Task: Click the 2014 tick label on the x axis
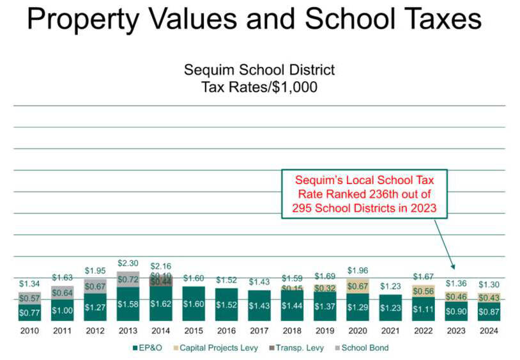tap(161, 331)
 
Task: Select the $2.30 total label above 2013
tap(128, 262)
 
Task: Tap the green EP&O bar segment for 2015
tap(194, 304)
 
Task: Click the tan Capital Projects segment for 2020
tap(358, 286)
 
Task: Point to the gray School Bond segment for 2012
tap(96, 286)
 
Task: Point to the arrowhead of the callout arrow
tap(453, 268)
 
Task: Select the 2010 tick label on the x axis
tap(30, 331)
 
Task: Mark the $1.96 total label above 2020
tap(358, 270)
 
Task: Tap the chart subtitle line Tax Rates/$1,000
tap(259, 88)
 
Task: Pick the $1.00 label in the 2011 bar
tap(63, 311)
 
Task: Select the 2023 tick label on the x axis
tap(457, 331)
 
